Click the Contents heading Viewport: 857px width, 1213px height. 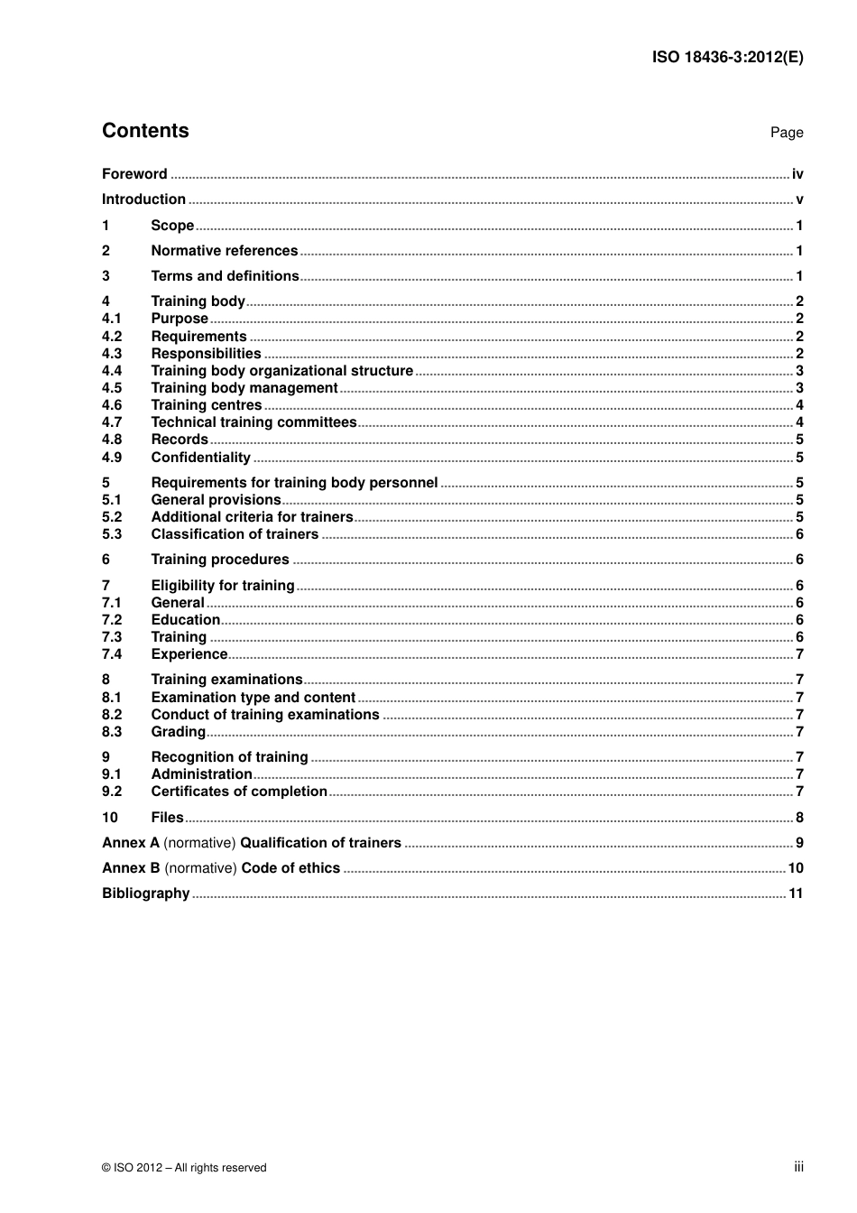click(145, 131)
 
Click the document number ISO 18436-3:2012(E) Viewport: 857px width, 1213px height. click(727, 57)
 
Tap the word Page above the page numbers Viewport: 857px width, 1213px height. click(786, 133)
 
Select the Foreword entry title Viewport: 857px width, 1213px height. click(134, 174)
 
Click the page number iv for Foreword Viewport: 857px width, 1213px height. click(797, 174)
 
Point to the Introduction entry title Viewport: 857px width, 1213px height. click(143, 199)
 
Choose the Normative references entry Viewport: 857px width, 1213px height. click(224, 251)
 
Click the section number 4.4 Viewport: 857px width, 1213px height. click(112, 371)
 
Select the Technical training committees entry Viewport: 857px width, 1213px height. click(253, 422)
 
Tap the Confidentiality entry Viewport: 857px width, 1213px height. click(200, 458)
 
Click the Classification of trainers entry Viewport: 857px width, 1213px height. click(235, 534)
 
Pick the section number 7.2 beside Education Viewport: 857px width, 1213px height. click(112, 620)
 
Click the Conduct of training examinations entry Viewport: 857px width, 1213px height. click(265, 715)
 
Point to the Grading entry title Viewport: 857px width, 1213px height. click(179, 732)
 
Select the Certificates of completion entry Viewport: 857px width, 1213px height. click(239, 792)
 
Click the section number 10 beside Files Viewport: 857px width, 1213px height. click(110, 818)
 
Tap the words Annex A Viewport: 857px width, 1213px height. click(131, 843)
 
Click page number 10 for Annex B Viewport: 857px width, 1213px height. click(796, 868)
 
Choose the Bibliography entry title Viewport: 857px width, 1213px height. click(146, 894)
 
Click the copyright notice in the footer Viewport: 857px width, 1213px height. click(184, 1168)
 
